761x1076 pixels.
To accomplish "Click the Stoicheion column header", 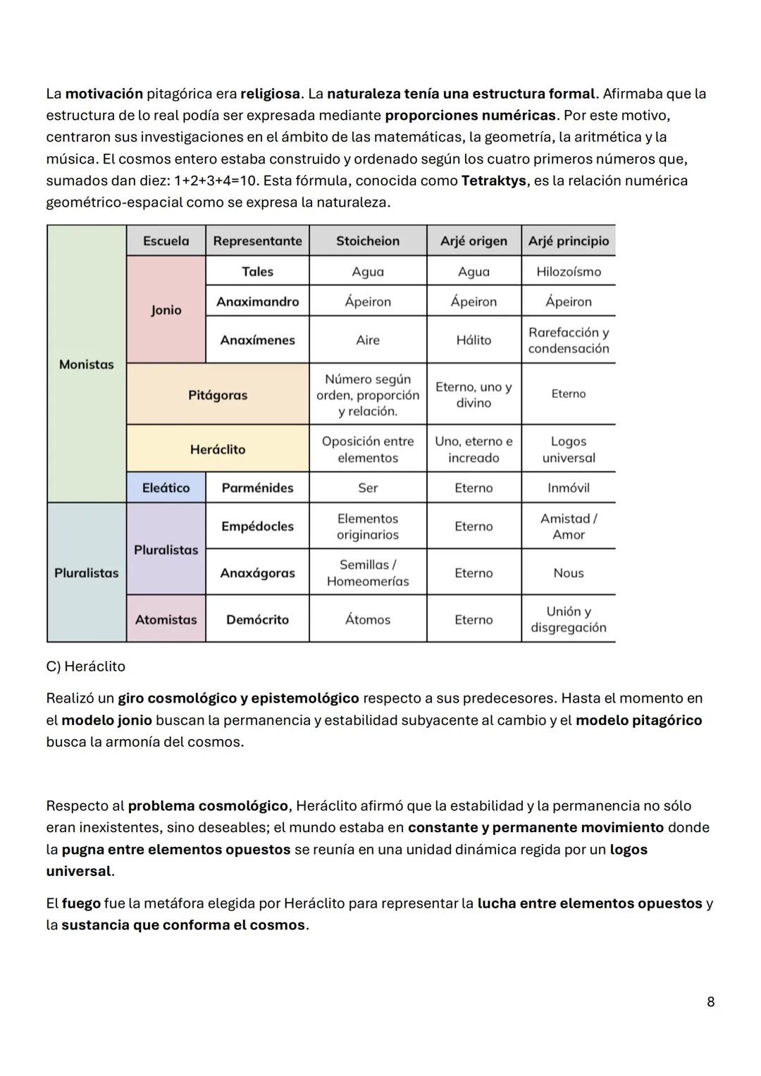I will [367, 241].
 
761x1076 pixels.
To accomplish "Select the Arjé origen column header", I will [474, 241].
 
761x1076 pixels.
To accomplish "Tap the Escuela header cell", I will [166, 241].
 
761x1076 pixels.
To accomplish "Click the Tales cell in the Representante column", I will [257, 271].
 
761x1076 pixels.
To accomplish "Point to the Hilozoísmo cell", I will [568, 271].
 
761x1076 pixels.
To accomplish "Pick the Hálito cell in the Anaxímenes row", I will [474, 340].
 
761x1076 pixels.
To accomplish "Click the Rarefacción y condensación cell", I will [568, 340].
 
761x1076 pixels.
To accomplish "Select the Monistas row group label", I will [86, 364].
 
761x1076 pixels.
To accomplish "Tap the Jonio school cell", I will [166, 310].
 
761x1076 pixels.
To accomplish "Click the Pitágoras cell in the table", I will [218, 395].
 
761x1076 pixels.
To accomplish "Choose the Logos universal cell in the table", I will [568, 449].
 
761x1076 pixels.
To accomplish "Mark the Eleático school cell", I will [166, 488].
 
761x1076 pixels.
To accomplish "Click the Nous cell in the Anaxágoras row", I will [568, 573].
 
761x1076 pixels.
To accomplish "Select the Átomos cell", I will [367, 619].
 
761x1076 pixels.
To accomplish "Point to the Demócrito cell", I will [257, 619].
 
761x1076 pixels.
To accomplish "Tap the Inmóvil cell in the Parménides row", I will [568, 488].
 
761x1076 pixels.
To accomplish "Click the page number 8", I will [710, 1001].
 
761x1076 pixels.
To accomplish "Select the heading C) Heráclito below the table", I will [85, 667].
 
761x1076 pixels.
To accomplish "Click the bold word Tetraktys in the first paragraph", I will [493, 180].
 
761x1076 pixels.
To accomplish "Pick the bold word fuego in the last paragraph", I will [80, 903].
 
